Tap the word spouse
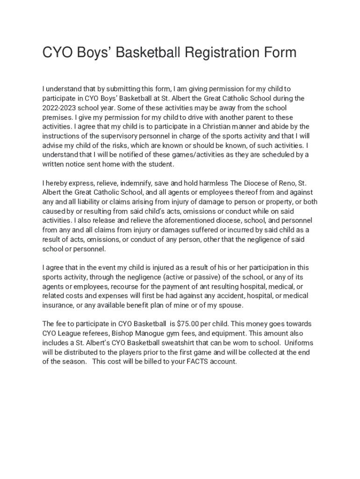click(x=231, y=305)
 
